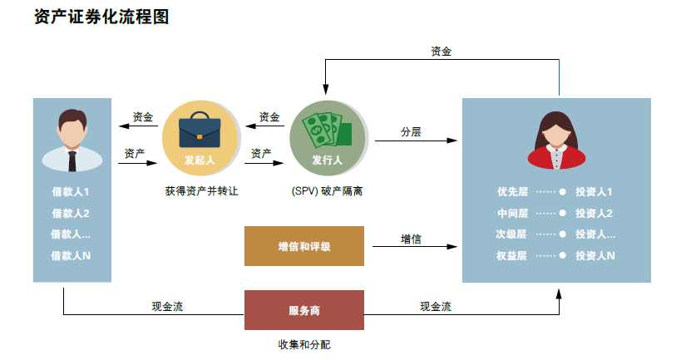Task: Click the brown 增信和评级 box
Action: [304, 246]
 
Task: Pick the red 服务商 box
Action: [304, 310]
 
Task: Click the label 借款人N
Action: [71, 255]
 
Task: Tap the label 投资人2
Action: [594, 213]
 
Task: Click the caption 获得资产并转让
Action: [201, 191]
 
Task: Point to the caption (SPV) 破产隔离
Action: [326, 191]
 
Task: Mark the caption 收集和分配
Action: [304, 343]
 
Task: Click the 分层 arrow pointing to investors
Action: [416, 141]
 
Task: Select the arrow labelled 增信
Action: [416, 246]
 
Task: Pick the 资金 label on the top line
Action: [442, 52]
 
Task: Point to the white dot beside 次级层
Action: [563, 234]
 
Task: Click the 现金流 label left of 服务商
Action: [167, 307]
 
